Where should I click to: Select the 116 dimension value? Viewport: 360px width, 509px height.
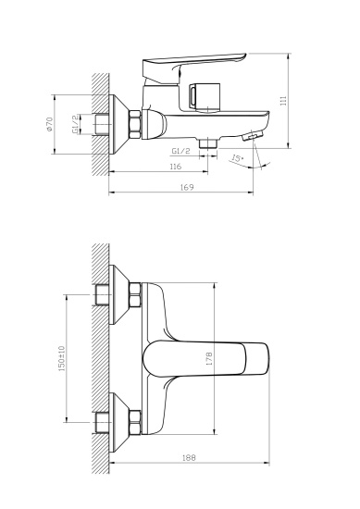[x=175, y=167]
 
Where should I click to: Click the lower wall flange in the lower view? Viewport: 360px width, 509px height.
[x=117, y=416]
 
